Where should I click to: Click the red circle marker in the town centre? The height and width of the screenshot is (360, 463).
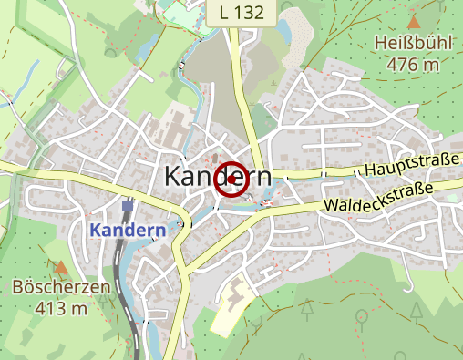click(231, 179)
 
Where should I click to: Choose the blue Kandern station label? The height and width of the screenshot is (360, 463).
click(129, 230)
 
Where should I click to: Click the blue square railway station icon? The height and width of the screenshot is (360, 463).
click(128, 206)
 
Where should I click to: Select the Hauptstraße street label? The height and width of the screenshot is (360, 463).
click(411, 166)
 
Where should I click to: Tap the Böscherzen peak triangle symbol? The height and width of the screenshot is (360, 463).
click(60, 267)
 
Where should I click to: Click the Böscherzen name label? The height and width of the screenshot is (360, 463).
click(61, 287)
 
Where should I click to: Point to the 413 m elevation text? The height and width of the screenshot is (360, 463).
click(62, 307)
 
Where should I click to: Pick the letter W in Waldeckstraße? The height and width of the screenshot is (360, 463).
click(329, 210)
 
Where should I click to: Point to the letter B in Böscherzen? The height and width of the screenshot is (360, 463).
click(18, 287)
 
